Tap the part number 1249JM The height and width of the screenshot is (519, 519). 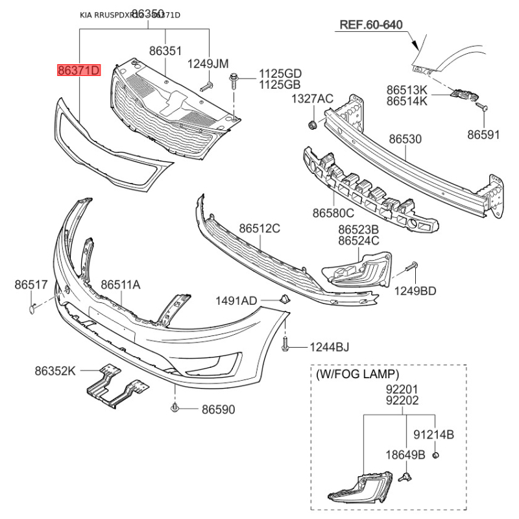tap(208, 64)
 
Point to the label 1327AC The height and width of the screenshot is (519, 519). tap(311, 99)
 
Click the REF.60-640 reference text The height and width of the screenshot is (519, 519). tap(372, 25)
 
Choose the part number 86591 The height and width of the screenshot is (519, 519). tap(484, 134)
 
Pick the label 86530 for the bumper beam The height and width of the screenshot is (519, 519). tap(405, 139)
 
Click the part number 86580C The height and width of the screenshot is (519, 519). tap(333, 213)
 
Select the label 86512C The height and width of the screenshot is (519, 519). tap(259, 228)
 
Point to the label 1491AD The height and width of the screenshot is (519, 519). tap(236, 300)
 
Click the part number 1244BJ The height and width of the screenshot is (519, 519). tap(329, 348)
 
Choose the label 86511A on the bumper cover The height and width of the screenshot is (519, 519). tap(121, 284)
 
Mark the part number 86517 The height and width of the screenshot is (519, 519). tap(31, 284)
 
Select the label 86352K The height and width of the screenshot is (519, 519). tap(55, 371)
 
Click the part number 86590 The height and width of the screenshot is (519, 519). tap(218, 409)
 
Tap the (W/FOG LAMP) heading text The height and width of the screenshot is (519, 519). tap(357, 375)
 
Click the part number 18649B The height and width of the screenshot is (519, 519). tap(405, 455)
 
